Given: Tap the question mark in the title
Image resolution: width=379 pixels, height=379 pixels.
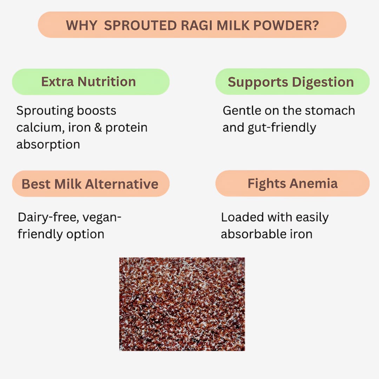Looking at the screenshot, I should (315, 25).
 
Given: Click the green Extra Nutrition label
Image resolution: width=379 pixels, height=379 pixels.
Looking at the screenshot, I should (91, 82).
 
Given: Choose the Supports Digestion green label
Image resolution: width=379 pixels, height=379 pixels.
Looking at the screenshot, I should (292, 82).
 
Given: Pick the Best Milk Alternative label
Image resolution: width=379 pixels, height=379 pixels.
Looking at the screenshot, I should (91, 184).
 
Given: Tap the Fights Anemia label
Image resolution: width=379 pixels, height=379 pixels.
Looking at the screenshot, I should (292, 184).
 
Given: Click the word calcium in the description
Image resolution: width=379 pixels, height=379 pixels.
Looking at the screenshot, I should (37, 127).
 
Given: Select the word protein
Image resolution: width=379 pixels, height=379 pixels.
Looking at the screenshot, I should (126, 127).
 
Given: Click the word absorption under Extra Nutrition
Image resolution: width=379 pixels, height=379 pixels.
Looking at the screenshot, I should (48, 144).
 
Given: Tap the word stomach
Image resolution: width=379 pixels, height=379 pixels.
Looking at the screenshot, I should (330, 111).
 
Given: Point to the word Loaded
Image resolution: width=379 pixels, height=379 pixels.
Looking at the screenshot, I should (242, 218).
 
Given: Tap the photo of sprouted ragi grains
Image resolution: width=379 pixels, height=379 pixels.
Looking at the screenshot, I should (182, 304).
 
